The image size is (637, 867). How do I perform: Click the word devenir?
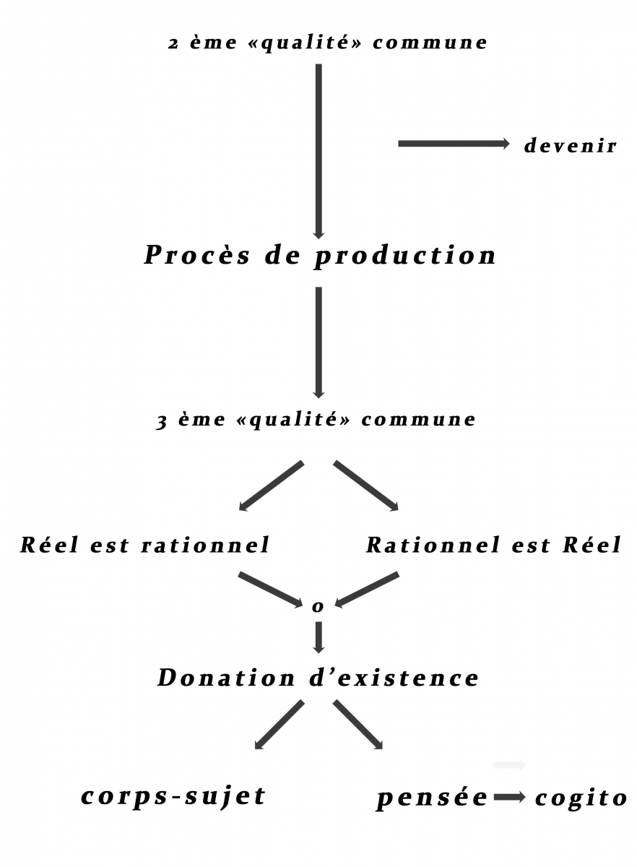pos(570,146)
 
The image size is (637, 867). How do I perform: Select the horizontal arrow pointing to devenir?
pos(454,144)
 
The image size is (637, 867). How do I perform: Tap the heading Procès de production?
pos(320,256)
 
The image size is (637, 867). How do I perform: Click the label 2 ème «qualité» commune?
pos(327,43)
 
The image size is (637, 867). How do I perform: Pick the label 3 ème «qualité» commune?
pos(316,420)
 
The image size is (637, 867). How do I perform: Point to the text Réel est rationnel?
pos(144,545)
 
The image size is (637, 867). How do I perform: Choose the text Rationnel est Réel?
pos(493,545)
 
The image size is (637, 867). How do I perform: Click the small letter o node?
pos(318,607)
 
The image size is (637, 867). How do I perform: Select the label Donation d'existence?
pos(318,678)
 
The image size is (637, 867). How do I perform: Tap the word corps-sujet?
pos(173,796)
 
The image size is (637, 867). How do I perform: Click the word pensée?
pos(432,798)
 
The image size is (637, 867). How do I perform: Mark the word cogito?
pos(581,798)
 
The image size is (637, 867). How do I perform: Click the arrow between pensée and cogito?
pos(510,798)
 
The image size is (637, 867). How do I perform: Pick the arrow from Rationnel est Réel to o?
pos(367,589)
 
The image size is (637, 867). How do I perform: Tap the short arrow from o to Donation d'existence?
pos(318,636)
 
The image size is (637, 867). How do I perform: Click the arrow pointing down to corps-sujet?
pos(279,725)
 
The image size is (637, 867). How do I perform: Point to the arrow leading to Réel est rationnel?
pos(271,486)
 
